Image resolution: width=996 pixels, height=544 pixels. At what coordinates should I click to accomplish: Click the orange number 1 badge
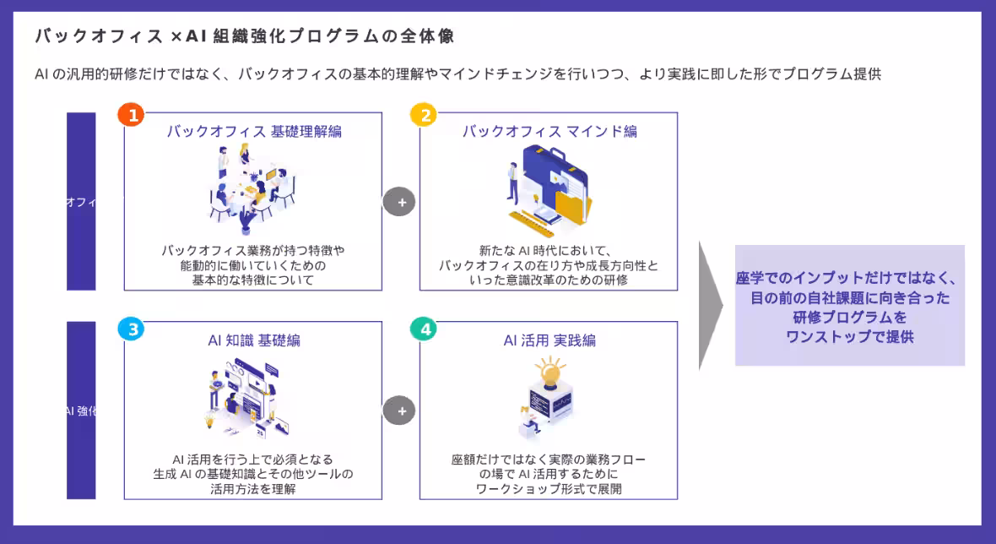131,116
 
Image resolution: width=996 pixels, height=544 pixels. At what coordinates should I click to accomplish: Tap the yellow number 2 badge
424,116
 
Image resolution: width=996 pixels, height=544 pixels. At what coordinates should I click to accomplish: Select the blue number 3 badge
131,329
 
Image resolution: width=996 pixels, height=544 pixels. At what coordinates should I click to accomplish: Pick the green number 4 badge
424,329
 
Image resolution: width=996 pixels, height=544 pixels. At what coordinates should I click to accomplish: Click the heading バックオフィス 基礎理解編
253,132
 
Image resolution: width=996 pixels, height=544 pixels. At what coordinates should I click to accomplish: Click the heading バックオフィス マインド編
549,132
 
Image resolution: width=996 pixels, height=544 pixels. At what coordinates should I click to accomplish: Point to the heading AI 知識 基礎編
253,340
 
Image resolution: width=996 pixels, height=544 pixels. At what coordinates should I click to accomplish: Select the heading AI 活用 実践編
549,340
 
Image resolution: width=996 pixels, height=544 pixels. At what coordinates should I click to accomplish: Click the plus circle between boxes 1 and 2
400,203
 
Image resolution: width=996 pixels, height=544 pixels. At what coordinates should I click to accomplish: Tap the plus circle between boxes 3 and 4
400,411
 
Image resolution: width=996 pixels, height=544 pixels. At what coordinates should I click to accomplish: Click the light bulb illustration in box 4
549,373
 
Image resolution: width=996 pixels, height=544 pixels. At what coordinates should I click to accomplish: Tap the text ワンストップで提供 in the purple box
849,336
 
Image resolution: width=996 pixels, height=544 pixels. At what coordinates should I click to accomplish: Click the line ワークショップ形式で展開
549,489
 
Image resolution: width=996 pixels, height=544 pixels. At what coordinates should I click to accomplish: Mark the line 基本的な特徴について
253,280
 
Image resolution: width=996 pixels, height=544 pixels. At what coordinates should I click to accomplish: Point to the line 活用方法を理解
253,489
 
